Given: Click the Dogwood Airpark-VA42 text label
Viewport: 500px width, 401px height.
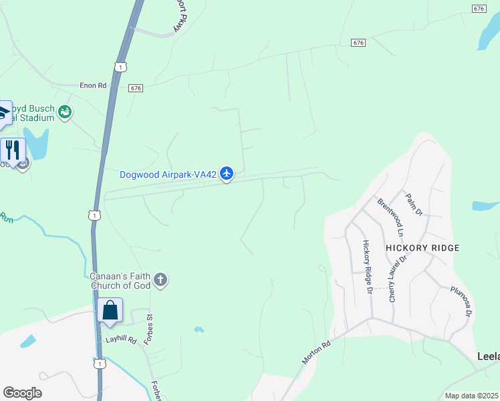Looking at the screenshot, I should click(168, 175).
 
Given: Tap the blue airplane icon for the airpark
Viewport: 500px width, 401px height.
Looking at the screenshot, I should click(227, 174).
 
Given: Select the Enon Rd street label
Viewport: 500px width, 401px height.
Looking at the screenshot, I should click(93, 86).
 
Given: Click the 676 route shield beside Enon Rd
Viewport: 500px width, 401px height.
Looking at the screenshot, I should click(136, 88).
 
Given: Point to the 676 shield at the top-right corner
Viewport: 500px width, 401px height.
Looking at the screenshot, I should click(479, 8).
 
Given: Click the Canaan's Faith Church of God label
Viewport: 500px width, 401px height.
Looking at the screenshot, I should click(120, 282).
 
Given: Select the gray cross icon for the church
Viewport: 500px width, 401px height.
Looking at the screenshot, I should click(160, 279).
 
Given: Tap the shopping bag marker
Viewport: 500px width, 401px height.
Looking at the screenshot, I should click(110, 311).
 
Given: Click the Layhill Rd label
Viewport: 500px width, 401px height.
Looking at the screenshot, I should click(121, 340).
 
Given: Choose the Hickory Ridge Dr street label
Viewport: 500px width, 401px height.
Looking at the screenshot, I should click(366, 267).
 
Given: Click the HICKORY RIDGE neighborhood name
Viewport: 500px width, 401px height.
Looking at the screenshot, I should click(422, 248).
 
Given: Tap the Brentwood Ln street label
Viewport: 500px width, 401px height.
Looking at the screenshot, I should click(390, 217).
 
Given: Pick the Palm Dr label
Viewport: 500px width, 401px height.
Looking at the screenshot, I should click(414, 205).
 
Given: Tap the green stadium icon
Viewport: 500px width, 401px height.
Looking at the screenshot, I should click(65, 112).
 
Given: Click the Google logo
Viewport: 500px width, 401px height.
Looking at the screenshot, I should click(22, 393).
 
